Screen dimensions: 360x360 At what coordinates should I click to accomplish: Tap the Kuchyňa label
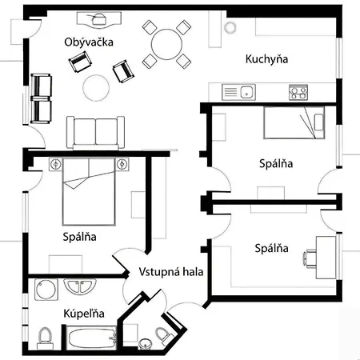click(266, 59)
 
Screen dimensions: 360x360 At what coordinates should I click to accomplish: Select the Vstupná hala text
click(170, 270)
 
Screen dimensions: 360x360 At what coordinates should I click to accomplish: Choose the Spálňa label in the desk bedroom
click(271, 248)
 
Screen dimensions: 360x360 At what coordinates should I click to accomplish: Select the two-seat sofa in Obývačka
click(96, 131)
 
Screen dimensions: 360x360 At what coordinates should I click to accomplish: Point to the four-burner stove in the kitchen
click(298, 92)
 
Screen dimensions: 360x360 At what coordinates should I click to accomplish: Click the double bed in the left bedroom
click(88, 190)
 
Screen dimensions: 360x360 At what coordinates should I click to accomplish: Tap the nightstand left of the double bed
click(55, 165)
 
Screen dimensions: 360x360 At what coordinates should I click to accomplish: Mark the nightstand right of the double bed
click(122, 165)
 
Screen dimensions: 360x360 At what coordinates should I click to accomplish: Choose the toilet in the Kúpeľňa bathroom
click(45, 337)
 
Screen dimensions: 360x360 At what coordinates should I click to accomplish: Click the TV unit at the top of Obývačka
click(100, 18)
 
